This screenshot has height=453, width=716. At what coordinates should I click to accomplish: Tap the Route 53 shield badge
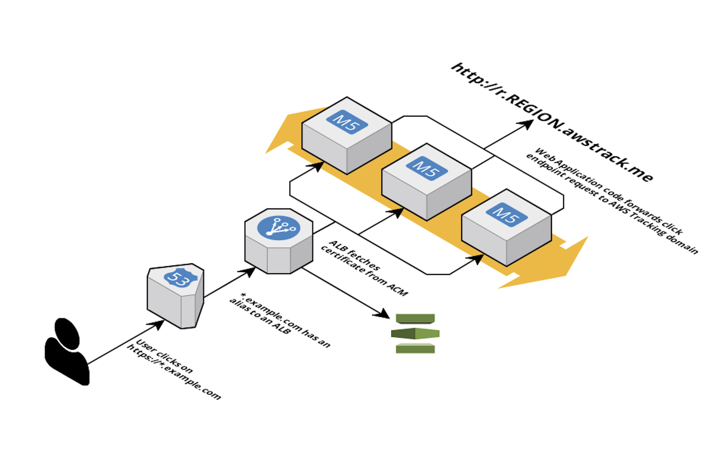(x=180, y=278)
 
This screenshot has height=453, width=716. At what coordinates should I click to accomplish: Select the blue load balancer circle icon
(x=279, y=228)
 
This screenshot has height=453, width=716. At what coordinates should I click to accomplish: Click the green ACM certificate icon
(x=415, y=333)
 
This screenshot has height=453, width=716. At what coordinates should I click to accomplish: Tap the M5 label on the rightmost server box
(x=506, y=214)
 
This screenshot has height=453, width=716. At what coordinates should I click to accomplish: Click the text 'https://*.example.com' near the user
(x=174, y=372)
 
